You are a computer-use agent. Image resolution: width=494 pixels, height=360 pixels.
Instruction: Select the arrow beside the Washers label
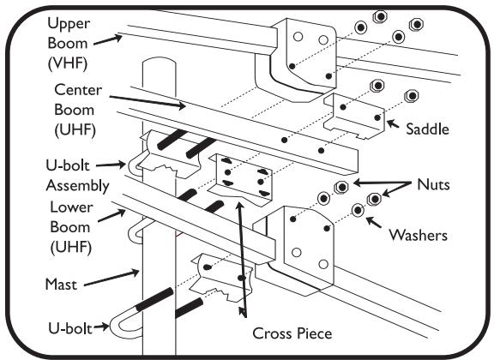(376, 222)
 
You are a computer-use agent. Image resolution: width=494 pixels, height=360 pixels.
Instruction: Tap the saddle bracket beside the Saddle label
(360, 116)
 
